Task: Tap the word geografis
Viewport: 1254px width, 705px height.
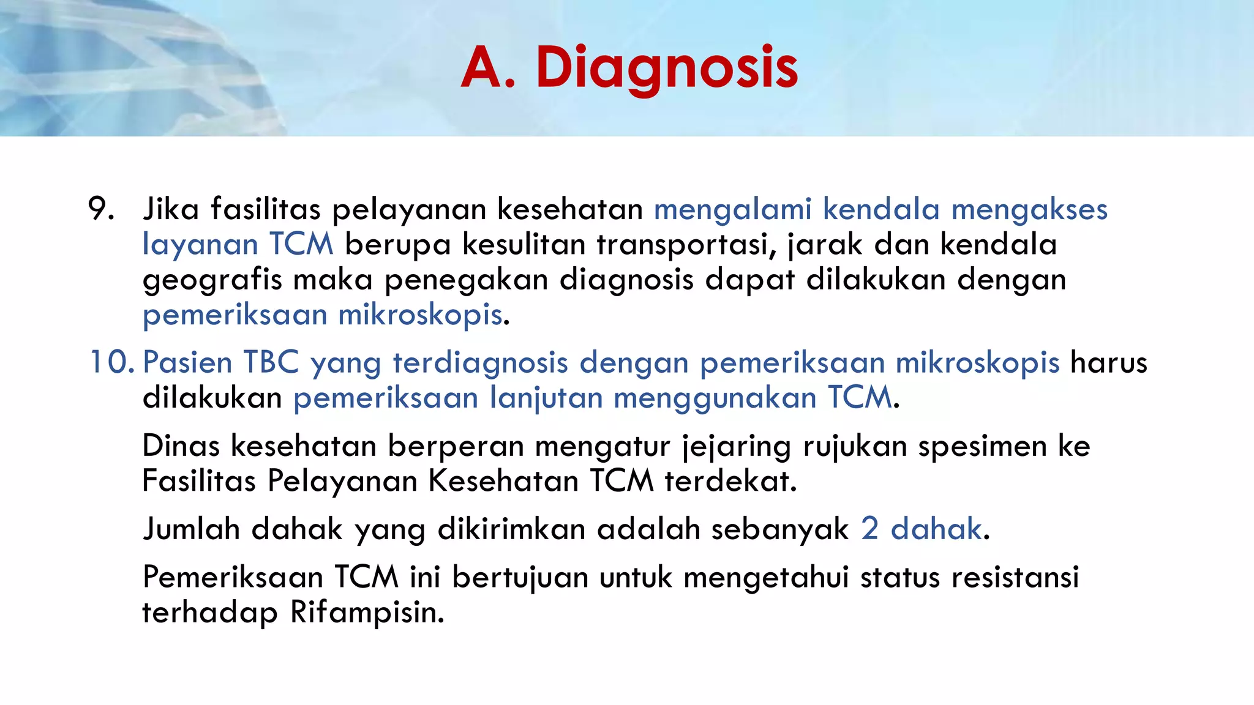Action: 212,280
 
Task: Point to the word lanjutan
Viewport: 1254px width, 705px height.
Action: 546,398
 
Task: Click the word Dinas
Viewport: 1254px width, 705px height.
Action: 181,446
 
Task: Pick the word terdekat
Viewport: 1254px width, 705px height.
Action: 730,481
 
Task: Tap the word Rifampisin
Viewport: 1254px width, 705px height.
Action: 367,612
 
